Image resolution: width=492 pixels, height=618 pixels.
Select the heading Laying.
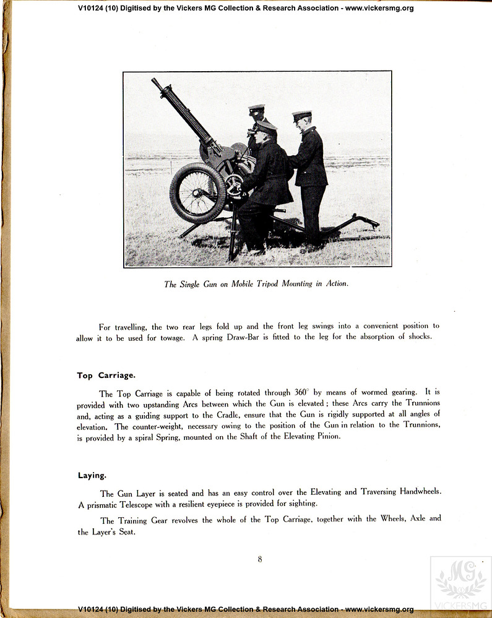92,475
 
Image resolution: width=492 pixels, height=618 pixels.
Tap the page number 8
260,559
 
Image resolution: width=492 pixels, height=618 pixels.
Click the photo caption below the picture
256,284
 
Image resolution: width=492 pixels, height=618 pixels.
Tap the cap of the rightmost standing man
302,116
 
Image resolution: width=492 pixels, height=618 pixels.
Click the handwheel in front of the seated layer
234,185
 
